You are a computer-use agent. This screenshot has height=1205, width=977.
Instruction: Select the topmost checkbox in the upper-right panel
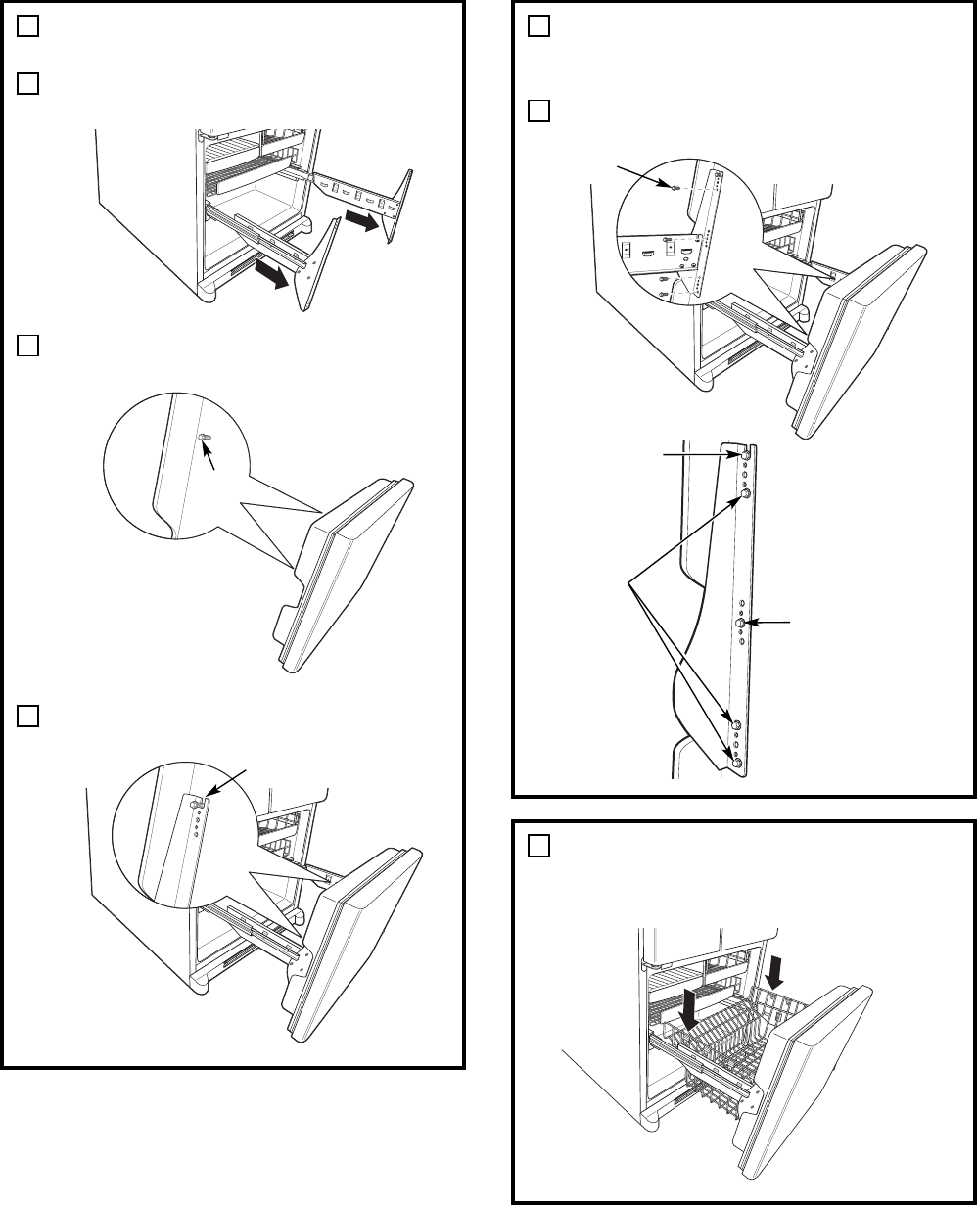pyautogui.click(x=539, y=27)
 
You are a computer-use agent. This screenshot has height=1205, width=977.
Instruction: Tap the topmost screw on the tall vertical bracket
pyautogui.click(x=746, y=454)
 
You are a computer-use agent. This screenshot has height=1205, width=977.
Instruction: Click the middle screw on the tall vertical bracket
pyautogui.click(x=742, y=622)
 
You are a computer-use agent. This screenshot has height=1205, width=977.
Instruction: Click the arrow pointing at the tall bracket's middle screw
pyautogui.click(x=773, y=621)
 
